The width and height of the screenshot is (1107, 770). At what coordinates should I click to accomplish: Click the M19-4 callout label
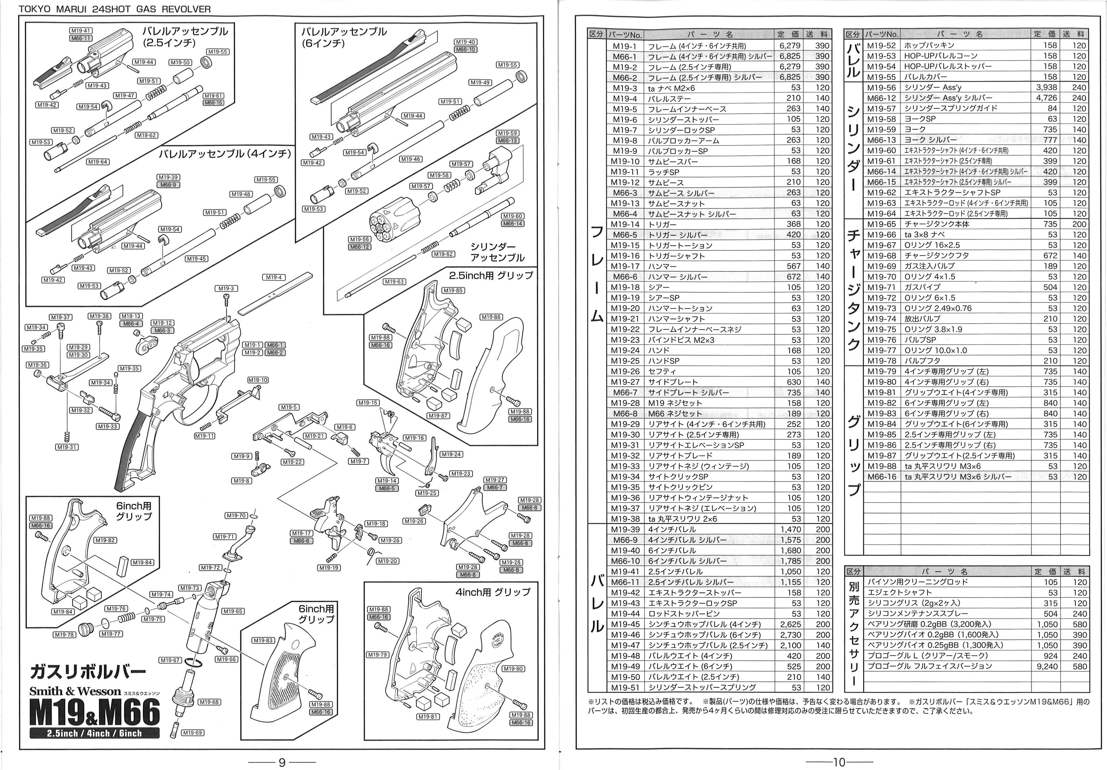(274, 277)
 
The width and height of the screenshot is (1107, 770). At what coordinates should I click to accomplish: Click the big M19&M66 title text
(95, 712)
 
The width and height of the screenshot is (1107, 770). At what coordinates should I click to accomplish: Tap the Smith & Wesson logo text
(75, 691)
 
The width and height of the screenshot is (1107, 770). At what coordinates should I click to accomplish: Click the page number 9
(282, 762)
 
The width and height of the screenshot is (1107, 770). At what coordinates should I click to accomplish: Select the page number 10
(839, 762)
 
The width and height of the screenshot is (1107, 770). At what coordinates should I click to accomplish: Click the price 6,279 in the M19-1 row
(790, 46)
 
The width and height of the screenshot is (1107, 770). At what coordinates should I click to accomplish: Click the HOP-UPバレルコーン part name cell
(940, 56)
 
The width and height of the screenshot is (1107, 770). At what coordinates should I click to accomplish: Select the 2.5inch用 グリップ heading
(491, 276)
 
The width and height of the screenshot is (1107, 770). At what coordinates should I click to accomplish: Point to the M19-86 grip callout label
(491, 317)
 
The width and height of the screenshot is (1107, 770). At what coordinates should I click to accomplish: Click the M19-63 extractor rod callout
(394, 281)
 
